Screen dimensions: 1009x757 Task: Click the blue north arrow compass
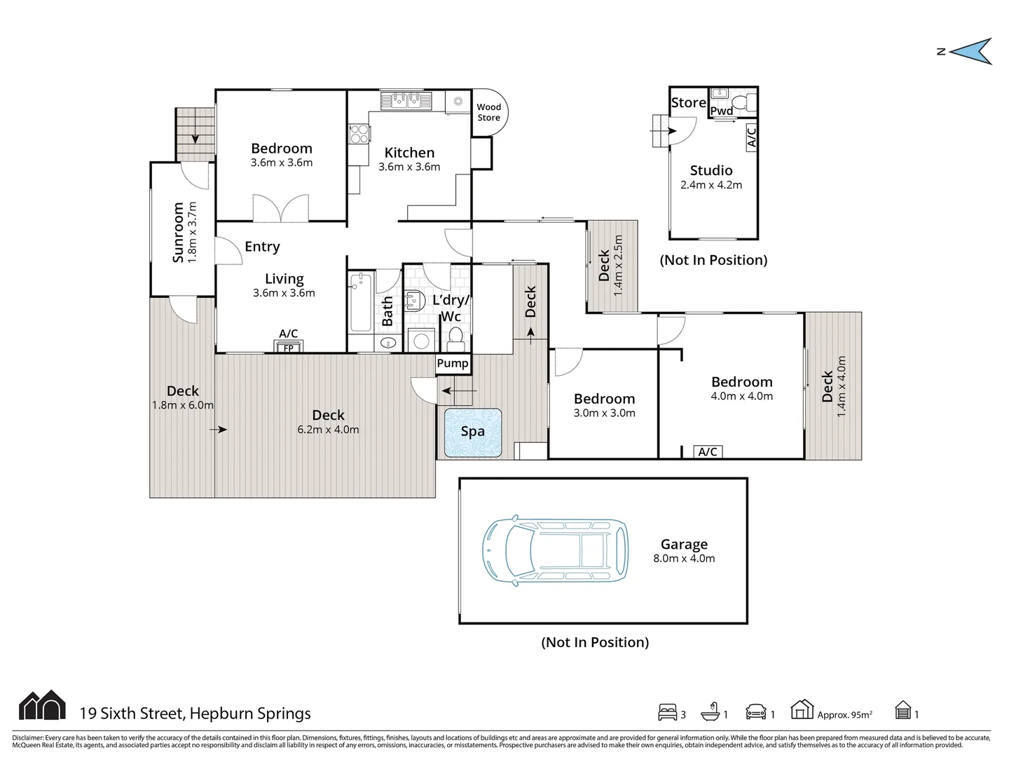click(x=971, y=51)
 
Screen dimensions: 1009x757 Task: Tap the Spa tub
click(x=472, y=432)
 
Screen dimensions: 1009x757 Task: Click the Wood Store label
click(x=488, y=112)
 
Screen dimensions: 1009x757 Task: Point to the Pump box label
click(x=453, y=363)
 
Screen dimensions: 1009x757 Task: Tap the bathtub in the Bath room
click(x=361, y=302)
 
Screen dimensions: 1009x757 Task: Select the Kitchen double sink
click(x=406, y=101)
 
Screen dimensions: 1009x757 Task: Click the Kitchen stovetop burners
click(x=359, y=134)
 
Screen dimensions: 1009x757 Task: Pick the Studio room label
click(x=711, y=170)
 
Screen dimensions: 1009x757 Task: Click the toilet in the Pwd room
click(x=743, y=102)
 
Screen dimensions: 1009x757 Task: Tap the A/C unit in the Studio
click(x=751, y=137)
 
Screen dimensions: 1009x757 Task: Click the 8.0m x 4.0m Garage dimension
click(x=684, y=558)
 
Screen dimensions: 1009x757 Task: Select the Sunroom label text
click(x=178, y=232)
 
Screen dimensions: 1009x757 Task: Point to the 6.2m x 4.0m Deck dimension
click(x=328, y=429)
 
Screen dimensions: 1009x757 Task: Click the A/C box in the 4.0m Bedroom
click(x=708, y=452)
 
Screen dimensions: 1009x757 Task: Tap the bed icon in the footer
click(x=668, y=712)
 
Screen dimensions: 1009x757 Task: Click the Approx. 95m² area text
click(x=845, y=714)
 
